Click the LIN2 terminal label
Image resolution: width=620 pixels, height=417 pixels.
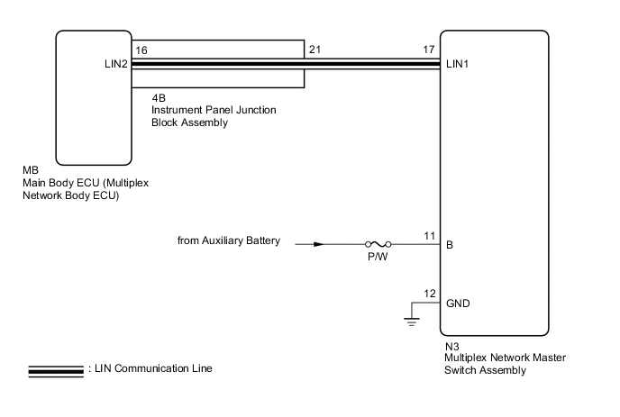pos(116,65)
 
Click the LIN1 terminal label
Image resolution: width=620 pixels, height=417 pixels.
pos(460,65)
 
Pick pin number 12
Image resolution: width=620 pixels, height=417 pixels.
pos(429,294)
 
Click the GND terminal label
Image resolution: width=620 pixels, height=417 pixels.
pos(459,304)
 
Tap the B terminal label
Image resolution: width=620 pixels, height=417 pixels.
pos(450,243)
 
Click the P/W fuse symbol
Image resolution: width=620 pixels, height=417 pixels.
pos(377,243)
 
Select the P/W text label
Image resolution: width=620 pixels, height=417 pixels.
pos(377,256)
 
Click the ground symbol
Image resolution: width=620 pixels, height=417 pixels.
pos(413,317)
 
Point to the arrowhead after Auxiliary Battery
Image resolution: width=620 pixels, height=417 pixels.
pos(317,243)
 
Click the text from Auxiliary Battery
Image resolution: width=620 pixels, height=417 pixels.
pos(230,241)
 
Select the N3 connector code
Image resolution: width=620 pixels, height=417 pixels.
pos(451,345)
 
